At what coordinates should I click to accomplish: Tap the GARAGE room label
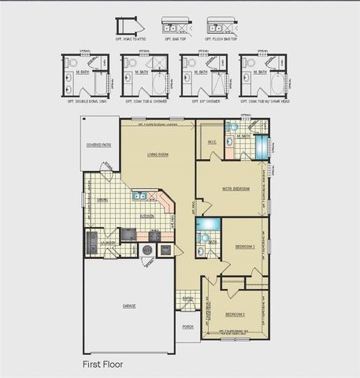[128, 305]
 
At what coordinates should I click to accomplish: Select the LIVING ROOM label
[158, 154]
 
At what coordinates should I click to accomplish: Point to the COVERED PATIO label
[99, 145]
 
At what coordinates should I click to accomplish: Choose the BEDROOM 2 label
[236, 314]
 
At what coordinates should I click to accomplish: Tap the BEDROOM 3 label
[245, 246]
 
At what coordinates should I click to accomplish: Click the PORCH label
[187, 326]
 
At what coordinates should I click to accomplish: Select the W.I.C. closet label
[212, 142]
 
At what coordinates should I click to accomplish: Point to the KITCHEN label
[147, 215]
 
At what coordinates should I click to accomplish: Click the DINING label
[102, 200]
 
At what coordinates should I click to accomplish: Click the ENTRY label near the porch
[187, 298]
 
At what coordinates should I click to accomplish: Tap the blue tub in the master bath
[260, 147]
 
